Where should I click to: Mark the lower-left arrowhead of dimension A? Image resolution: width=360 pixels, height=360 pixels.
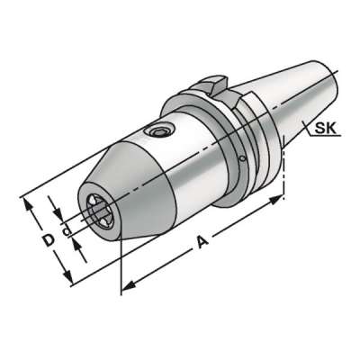click(x=126, y=287)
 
